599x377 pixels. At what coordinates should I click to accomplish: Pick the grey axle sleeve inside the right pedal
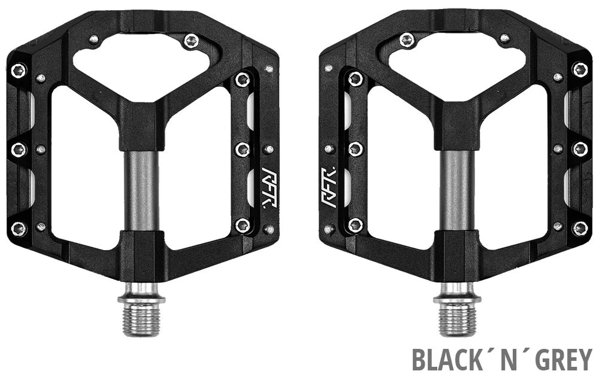coord(457,190)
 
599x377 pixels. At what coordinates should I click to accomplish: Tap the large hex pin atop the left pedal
coord(191,41)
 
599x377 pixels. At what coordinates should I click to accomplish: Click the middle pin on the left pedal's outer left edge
coord(19,149)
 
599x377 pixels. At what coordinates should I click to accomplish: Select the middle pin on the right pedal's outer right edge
coord(579,149)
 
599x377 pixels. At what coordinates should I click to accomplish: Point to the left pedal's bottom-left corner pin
coord(19,228)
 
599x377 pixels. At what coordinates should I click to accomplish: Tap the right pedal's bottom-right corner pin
coord(579,228)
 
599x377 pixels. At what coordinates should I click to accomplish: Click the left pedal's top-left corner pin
coord(19,70)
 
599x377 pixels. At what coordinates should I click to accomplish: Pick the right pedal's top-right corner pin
coord(579,70)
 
